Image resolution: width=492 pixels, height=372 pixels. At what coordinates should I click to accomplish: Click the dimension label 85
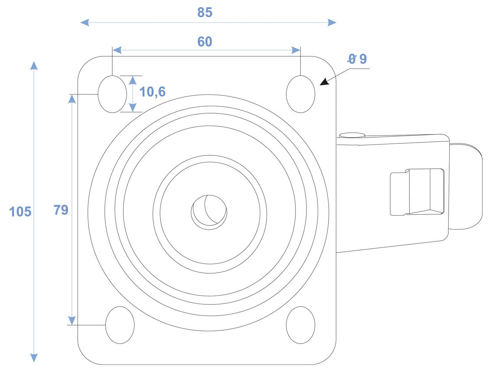[205, 12]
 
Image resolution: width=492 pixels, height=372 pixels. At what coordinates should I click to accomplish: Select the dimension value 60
[205, 42]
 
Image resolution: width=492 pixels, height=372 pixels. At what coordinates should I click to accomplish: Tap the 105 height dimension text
[20, 212]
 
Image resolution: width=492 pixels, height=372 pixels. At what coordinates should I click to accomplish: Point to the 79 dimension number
[61, 210]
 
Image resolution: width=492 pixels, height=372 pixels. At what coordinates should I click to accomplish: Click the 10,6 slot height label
[152, 92]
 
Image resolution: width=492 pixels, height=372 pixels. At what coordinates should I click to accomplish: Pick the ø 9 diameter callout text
[357, 59]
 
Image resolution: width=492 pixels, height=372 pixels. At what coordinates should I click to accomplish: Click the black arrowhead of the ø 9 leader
[325, 82]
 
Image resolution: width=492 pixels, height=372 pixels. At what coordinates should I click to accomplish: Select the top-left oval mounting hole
[112, 94]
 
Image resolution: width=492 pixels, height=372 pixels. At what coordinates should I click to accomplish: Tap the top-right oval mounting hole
[300, 94]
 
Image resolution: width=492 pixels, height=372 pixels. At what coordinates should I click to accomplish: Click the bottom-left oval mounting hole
[120, 325]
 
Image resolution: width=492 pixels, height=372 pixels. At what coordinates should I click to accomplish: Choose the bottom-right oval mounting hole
[300, 325]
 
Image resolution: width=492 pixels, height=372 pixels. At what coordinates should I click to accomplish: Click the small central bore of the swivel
[209, 212]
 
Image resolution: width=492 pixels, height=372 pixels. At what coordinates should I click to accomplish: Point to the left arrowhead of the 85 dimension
[85, 23]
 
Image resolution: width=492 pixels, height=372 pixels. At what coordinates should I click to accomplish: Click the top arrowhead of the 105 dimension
[34, 66]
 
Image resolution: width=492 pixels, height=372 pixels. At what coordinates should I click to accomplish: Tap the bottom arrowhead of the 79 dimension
[72, 320]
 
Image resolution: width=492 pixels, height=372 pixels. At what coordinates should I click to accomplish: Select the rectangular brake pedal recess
[417, 192]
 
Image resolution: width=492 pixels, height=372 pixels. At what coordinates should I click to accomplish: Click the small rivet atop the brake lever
[352, 135]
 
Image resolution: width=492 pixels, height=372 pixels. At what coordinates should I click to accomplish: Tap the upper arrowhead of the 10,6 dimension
[133, 80]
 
